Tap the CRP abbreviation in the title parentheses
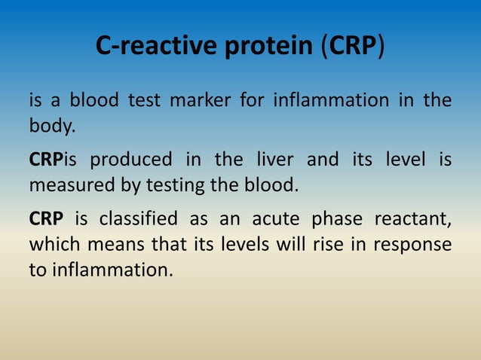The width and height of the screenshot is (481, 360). click(353, 47)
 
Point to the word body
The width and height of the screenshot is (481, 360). click(52, 126)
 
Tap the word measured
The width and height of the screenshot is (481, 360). click(69, 185)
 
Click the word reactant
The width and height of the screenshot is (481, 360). click(417, 219)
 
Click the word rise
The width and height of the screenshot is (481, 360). click(320, 245)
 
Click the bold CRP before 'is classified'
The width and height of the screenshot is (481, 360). click(46, 219)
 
